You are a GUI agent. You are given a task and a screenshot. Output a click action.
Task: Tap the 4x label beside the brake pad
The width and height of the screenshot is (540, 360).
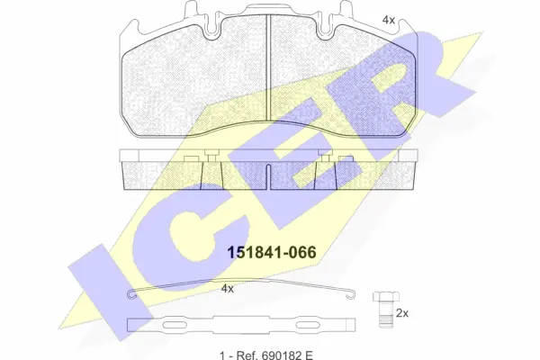(388, 19)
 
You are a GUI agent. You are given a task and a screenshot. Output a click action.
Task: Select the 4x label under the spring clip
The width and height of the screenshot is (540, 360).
(227, 289)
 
